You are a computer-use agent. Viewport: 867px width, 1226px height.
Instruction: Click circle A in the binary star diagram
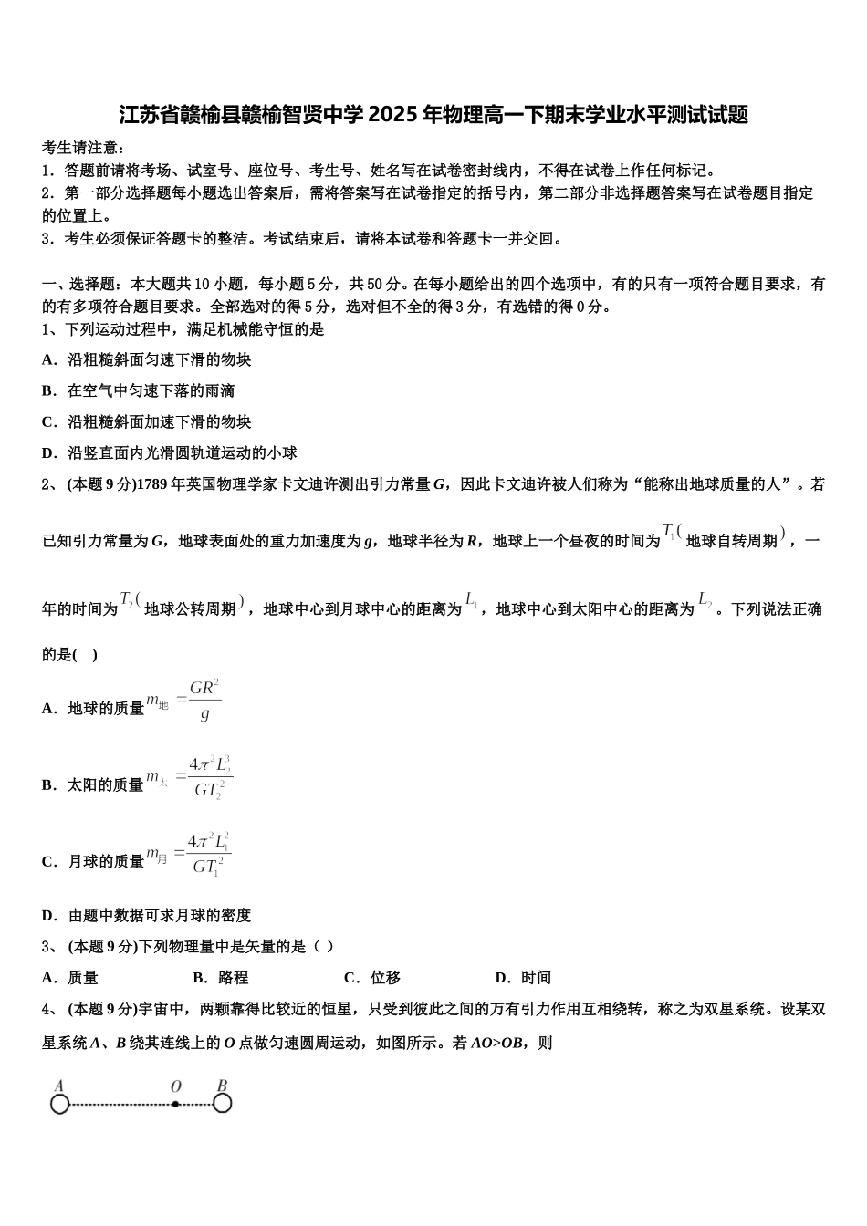pyautogui.click(x=60, y=1105)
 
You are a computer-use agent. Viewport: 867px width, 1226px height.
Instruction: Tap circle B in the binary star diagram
pyautogui.click(x=222, y=1104)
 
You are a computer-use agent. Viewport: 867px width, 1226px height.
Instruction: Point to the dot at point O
pyautogui.click(x=175, y=1104)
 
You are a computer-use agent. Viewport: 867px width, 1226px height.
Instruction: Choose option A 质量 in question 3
pyautogui.click(x=71, y=978)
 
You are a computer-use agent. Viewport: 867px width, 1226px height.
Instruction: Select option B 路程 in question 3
pyautogui.click(x=221, y=978)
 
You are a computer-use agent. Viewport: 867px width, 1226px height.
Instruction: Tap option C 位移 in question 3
pyautogui.click(x=372, y=978)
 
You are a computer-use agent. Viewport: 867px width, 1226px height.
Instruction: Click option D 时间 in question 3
pyautogui.click(x=523, y=978)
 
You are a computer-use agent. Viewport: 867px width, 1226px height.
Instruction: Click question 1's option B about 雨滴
pyautogui.click(x=139, y=391)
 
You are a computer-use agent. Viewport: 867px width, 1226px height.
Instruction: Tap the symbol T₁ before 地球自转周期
pyautogui.click(x=669, y=532)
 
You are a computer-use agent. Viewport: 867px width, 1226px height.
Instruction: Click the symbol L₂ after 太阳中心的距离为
pyautogui.click(x=705, y=600)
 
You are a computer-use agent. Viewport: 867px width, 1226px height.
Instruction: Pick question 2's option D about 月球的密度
pyautogui.click(x=147, y=916)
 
